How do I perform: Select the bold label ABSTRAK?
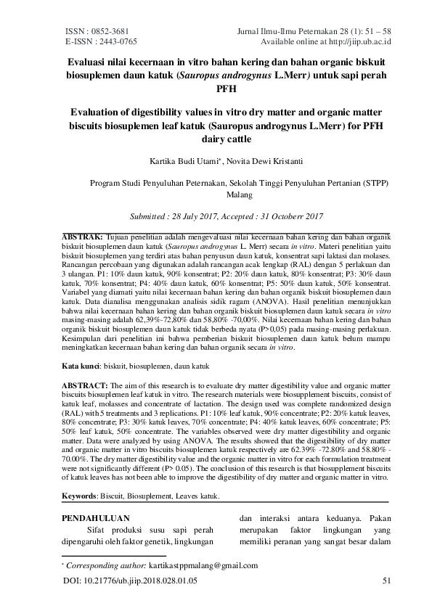82,237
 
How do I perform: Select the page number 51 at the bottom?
386,581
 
